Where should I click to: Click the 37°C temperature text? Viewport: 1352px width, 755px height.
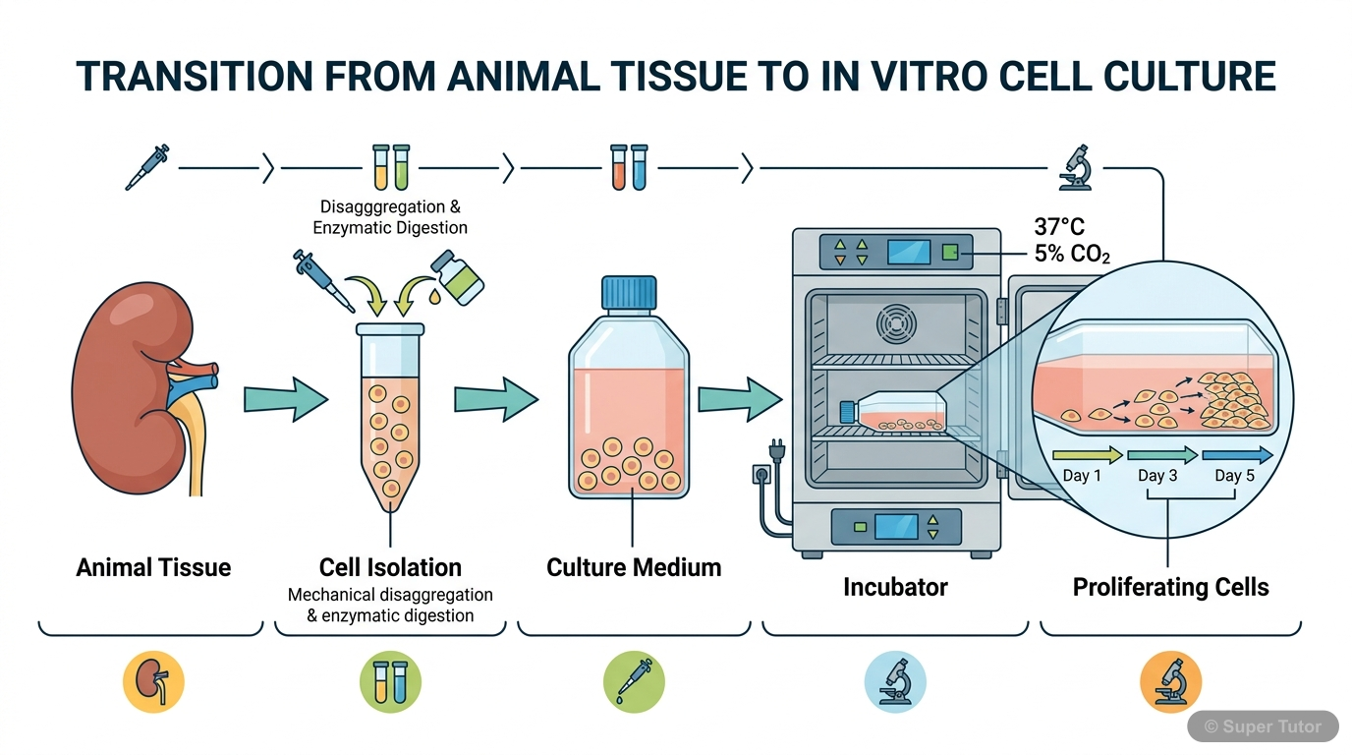(x=1060, y=228)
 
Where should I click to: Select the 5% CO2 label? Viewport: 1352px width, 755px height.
(x=1072, y=254)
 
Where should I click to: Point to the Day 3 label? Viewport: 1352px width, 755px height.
(x=1157, y=476)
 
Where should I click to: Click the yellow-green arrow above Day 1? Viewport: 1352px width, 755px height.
(x=1086, y=455)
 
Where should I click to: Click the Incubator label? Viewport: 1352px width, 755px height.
(x=894, y=588)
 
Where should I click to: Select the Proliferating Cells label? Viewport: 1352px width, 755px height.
(x=1170, y=588)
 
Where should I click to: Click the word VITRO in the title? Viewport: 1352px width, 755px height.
(x=936, y=77)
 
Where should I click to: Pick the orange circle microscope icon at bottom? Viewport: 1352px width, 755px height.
(x=1171, y=681)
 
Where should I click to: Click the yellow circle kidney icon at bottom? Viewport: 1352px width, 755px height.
(x=153, y=681)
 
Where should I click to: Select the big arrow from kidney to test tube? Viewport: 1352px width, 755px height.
(x=284, y=398)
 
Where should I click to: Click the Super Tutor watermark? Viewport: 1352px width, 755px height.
(x=1263, y=726)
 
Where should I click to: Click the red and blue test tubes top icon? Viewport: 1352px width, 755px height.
(x=628, y=167)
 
